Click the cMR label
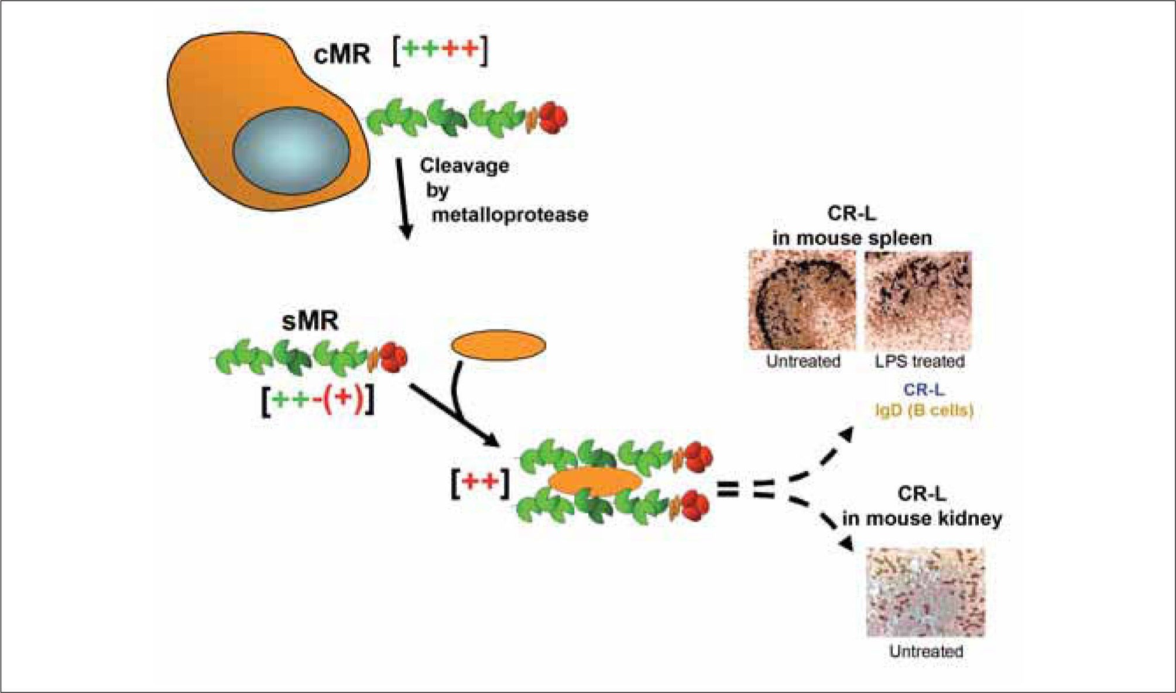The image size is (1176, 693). point(342,55)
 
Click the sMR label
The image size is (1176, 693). point(310,322)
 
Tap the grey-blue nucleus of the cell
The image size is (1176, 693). point(291,151)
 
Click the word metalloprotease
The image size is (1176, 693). point(509,215)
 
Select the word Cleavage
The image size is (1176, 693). point(464,166)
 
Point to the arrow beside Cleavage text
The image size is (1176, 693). point(404,199)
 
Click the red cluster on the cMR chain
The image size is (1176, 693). point(553,118)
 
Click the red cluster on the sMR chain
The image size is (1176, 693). point(393,358)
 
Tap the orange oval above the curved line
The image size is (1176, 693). point(498,345)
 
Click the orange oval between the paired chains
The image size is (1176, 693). point(595,482)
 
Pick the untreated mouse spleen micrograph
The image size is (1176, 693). point(802,301)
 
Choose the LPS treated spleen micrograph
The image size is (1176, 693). point(918,301)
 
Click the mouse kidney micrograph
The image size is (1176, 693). point(925,592)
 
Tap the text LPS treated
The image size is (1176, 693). point(920,361)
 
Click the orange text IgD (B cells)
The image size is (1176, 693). point(924,411)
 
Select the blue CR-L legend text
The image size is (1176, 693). point(924,389)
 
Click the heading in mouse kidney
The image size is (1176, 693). point(922,519)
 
